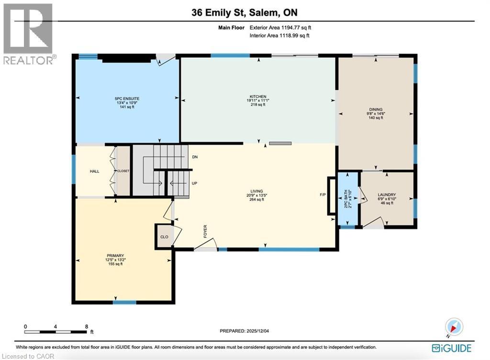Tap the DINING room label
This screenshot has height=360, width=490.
(376, 109)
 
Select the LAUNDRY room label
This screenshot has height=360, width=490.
(387, 195)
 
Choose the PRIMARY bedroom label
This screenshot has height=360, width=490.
(115, 255)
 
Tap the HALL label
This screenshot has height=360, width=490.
(94, 171)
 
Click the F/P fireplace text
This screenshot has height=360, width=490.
(323, 195)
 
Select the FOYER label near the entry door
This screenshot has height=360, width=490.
(205, 231)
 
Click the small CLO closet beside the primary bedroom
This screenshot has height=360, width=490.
(163, 237)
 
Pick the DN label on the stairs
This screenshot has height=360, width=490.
(195, 157)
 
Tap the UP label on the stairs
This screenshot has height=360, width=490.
(195, 183)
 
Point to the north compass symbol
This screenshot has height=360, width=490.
(454, 327)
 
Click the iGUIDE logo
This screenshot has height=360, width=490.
(451, 348)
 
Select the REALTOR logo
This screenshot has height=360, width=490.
(28, 33)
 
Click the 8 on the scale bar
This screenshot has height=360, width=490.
(87, 326)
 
